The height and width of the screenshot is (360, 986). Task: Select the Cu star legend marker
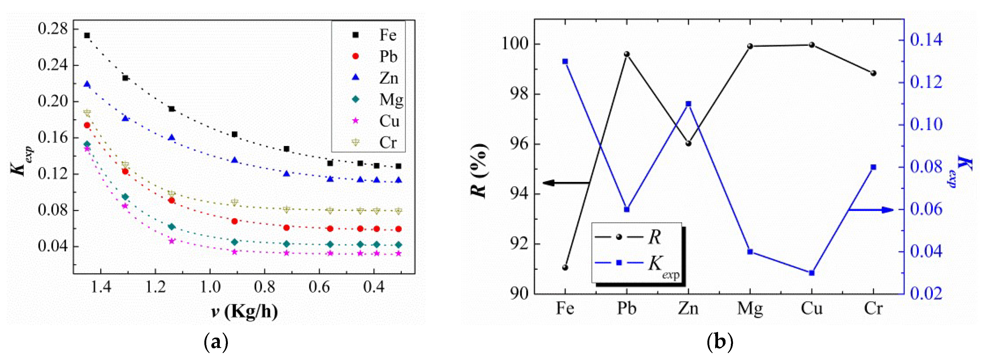point(356,121)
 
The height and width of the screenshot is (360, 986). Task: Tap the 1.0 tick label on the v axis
point(210,287)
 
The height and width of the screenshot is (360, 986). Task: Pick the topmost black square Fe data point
point(87,35)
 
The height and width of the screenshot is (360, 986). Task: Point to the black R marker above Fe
point(565,267)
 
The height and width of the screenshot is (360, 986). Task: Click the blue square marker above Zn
point(688,104)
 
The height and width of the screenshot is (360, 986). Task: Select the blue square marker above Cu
point(812,273)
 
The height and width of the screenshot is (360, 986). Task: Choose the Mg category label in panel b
point(750,308)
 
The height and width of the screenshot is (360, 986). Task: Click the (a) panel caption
point(216,342)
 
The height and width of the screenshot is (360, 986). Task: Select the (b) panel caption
point(720,342)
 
